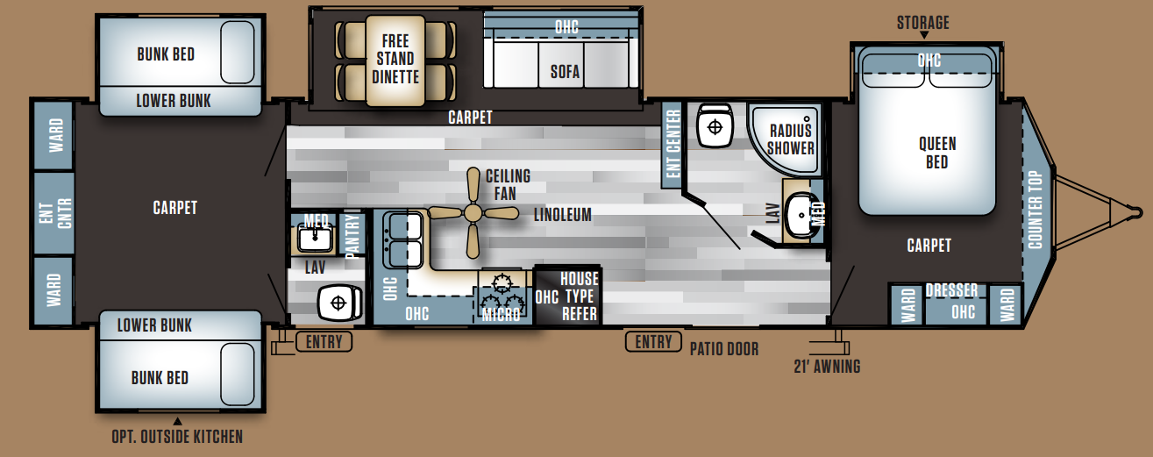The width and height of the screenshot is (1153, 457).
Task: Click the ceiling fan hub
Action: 473,213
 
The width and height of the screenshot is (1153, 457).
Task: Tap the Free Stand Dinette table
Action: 395,61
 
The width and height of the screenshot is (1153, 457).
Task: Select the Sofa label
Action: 565,72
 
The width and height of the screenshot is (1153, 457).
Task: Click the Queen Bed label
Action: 937,153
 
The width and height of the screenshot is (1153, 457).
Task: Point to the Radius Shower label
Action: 791,139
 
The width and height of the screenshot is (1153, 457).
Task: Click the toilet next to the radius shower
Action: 715,125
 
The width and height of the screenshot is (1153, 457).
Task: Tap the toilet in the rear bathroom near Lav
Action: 339,303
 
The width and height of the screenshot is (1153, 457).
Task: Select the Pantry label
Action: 352,235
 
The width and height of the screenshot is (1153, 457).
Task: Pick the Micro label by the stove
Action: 501,314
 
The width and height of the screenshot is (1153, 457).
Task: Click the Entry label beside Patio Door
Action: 653,341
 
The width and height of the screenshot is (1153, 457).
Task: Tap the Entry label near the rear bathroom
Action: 324,341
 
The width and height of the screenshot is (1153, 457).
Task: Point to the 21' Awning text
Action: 827,367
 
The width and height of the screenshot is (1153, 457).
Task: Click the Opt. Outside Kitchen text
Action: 177,437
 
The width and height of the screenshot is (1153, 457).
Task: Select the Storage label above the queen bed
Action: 923,23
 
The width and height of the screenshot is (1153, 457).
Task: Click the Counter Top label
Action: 1036,210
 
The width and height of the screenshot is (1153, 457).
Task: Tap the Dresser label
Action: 951,290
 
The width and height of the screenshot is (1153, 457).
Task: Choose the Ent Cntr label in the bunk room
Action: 54,213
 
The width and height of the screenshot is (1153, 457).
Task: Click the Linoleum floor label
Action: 563,214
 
